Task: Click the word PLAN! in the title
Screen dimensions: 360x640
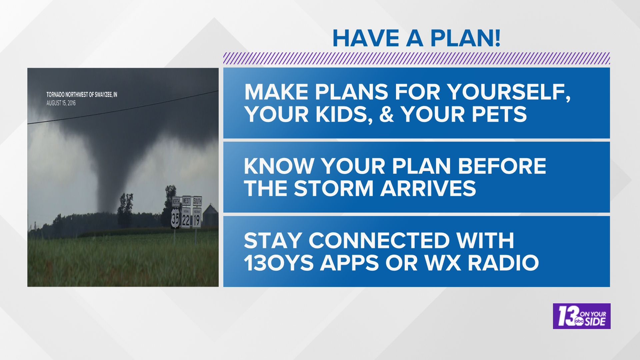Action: [465, 38]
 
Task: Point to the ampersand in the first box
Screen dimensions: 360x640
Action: [386, 114]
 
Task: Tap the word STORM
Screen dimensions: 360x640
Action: [333, 188]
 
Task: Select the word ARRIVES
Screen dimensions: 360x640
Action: [428, 188]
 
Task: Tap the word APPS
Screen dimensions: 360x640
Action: [350, 263]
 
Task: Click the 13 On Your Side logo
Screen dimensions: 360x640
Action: [581, 316]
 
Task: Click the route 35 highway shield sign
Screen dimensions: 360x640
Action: [175, 218]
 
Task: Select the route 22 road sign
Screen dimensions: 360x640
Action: [186, 219]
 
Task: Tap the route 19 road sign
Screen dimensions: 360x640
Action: [197, 218]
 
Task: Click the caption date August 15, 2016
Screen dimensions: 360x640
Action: [61, 103]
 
